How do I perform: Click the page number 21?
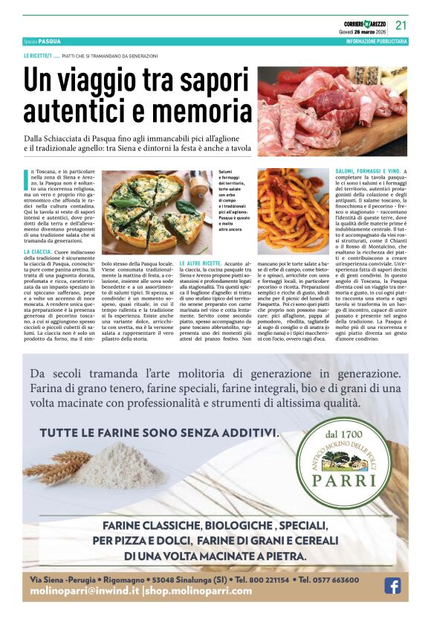(401, 25)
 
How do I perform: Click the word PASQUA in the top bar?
(50, 42)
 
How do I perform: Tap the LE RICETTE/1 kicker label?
(37, 57)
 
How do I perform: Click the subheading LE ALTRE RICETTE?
(200, 263)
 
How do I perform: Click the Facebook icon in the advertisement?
(392, 586)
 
